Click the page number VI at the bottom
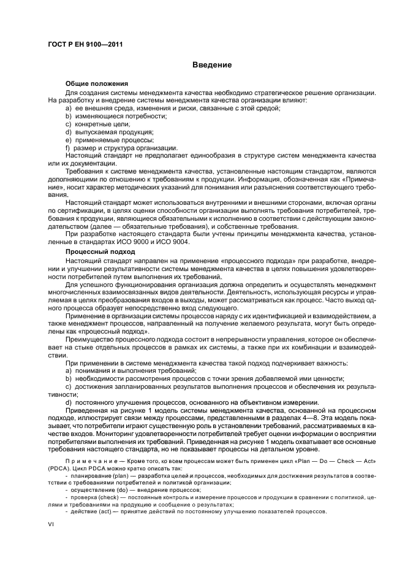tap(52, 525)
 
